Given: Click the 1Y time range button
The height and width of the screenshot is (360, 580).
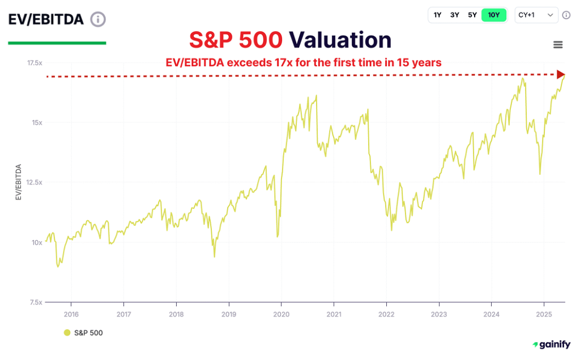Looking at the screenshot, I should click(437, 15).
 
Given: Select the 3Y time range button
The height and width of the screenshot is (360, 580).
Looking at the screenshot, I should click(455, 15).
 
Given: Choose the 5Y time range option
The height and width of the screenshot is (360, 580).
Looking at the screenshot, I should click(472, 15).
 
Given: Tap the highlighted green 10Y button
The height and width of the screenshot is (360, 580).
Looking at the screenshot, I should click(493, 15).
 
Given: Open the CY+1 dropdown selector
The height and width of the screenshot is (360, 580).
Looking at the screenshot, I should click(536, 15).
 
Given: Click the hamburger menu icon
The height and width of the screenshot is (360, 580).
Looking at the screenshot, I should click(558, 45).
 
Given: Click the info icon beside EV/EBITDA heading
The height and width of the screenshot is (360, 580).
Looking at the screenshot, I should click(98, 19).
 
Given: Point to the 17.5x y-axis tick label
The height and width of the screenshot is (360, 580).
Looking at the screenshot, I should click(35, 63).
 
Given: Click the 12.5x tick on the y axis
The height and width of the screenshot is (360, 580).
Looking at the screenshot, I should click(35, 182).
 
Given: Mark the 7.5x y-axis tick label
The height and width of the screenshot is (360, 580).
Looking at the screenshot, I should click(36, 302).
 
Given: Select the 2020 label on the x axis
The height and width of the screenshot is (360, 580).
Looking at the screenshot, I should click(281, 314).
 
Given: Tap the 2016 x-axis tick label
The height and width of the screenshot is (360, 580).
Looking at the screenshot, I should click(71, 314).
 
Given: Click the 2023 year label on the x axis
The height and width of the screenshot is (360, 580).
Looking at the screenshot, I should click(438, 314).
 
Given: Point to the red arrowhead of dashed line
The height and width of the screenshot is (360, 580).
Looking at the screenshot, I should click(561, 75).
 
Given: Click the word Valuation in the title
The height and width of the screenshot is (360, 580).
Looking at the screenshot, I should click(340, 40).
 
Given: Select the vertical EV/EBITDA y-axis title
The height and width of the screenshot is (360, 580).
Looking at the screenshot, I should click(18, 182).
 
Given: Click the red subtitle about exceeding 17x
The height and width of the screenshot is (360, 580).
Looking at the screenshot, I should click(303, 62).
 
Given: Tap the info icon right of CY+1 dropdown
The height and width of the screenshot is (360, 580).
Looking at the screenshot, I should click(566, 15).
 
